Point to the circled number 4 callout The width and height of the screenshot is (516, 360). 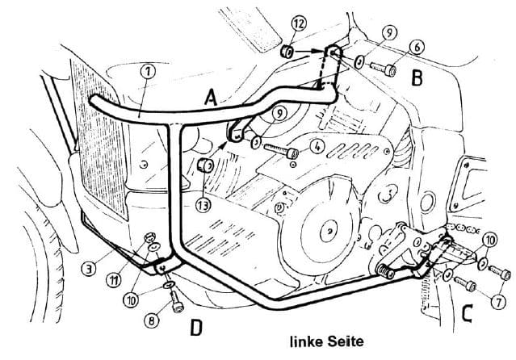[317, 147]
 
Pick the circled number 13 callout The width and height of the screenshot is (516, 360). [202, 206]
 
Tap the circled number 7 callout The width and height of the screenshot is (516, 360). [497, 301]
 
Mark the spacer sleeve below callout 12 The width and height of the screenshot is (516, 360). [286, 52]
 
